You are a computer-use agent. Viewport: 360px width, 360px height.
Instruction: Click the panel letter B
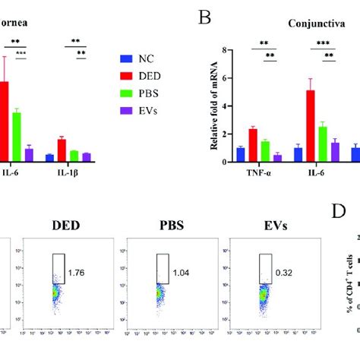click(x=203, y=16)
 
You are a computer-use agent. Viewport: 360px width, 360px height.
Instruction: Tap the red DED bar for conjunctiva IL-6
click(x=310, y=125)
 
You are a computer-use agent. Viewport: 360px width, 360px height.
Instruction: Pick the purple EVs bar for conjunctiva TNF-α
click(x=277, y=158)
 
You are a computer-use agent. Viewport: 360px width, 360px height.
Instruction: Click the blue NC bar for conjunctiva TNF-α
click(x=241, y=154)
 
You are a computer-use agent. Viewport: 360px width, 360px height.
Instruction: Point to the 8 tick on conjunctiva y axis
click(x=224, y=50)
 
